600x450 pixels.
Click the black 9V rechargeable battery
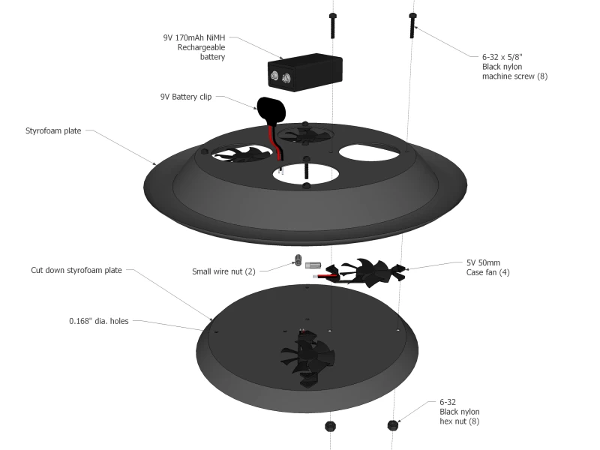[x=305, y=73]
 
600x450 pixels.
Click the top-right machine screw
[x=412, y=26]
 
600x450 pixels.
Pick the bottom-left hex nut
[x=329, y=427]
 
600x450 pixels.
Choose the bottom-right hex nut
[x=392, y=426]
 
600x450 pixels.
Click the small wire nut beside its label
[x=297, y=262]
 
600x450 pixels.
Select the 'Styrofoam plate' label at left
[x=53, y=130]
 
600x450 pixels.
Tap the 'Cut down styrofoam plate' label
[x=76, y=270]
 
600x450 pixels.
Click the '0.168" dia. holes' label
[x=99, y=321]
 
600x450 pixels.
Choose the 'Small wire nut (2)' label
[x=223, y=271]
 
